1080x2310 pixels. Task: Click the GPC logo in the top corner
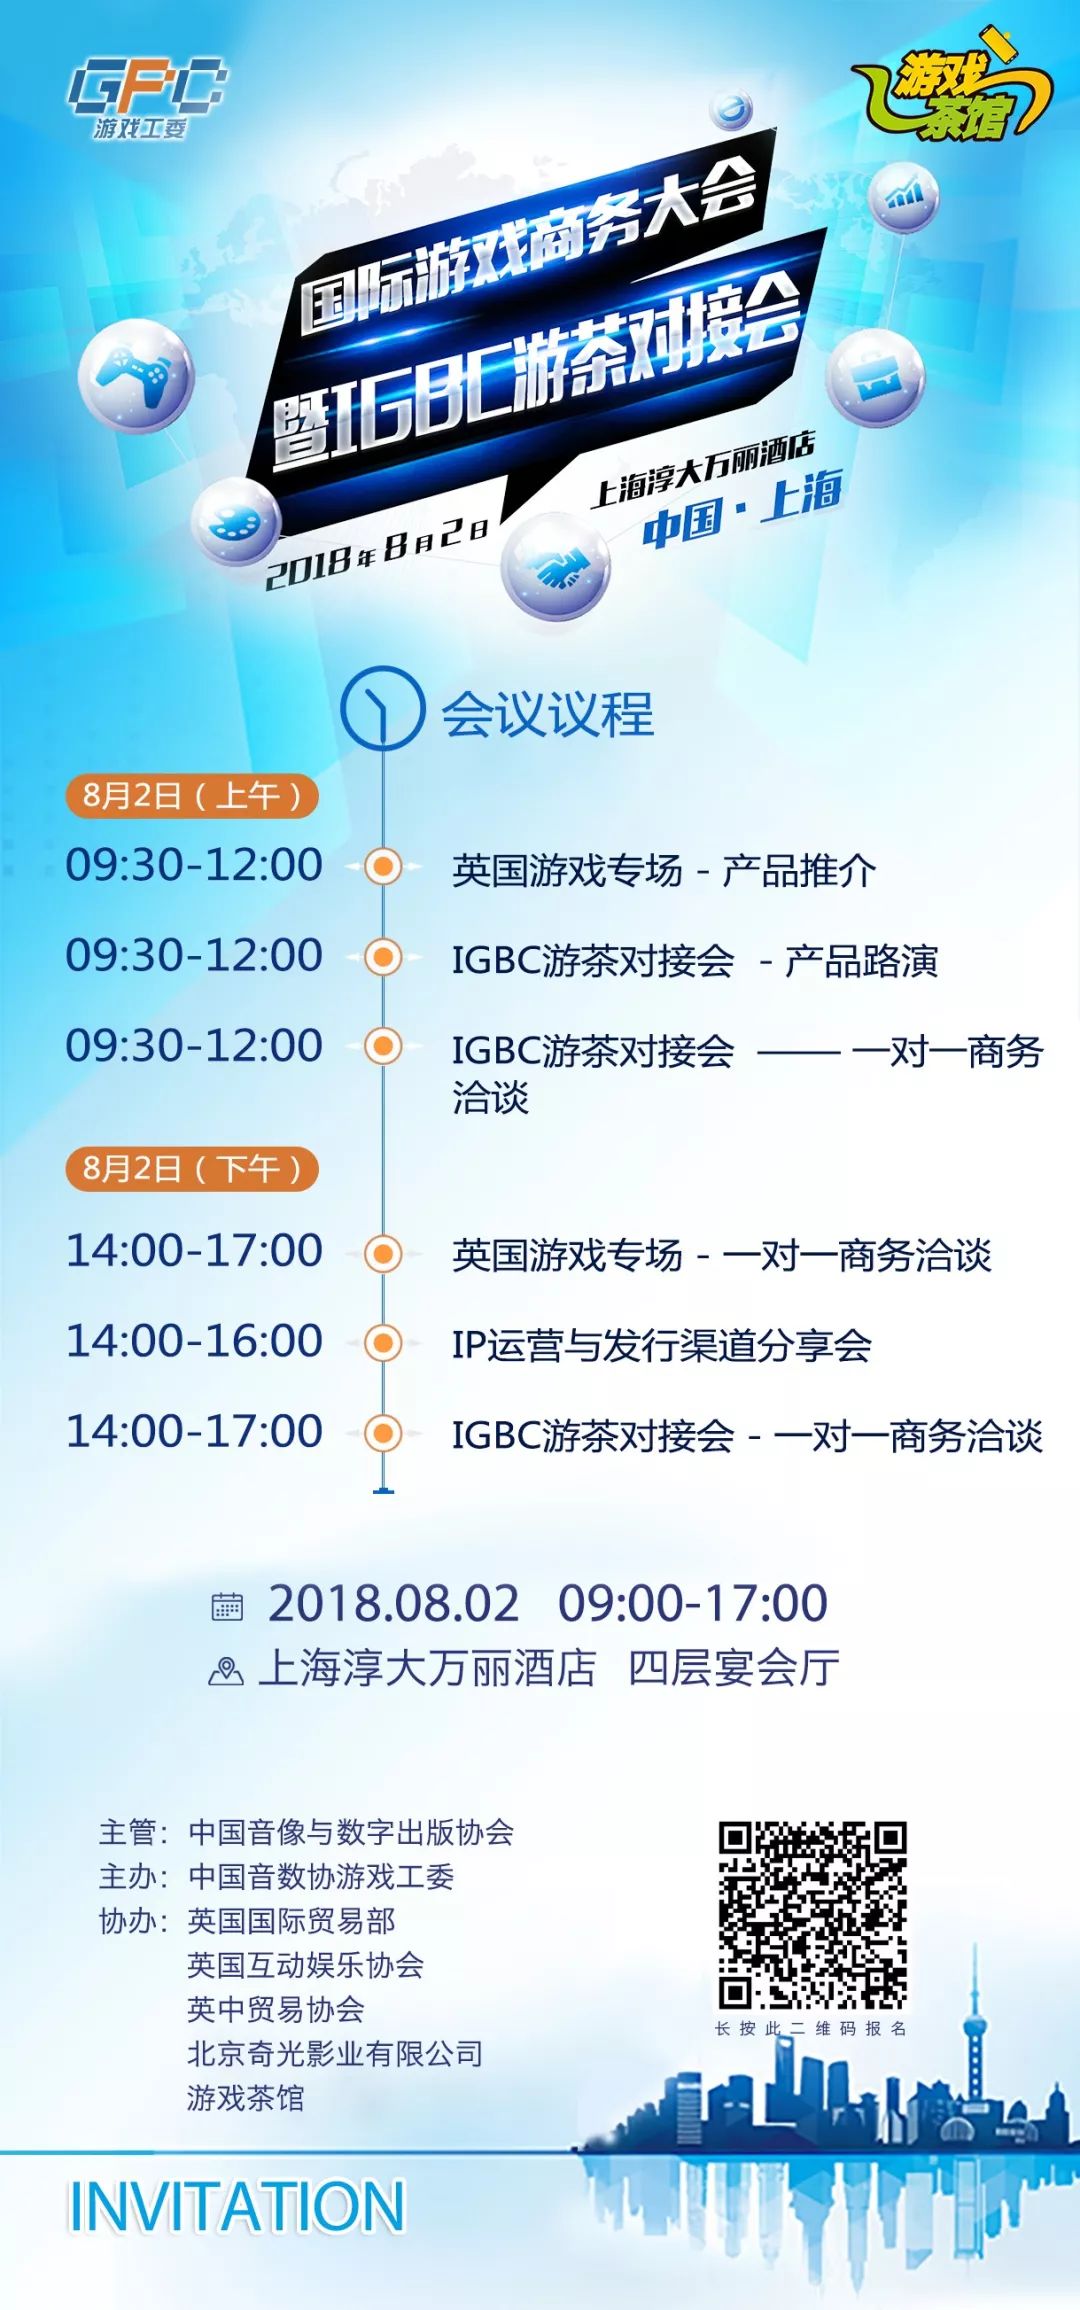(146, 98)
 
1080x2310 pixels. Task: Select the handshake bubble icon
(556, 567)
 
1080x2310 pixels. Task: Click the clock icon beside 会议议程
(382, 708)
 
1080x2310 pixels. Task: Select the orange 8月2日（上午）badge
(191, 796)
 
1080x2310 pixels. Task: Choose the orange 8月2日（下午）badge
(191, 1168)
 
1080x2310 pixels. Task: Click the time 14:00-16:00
(194, 1341)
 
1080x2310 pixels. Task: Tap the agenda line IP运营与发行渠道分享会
(661, 1345)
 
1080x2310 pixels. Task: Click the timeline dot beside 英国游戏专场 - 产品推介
(382, 866)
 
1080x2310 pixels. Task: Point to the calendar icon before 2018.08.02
(227, 1606)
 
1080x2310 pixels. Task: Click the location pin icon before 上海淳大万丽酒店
(226, 1670)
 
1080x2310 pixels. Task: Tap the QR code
(812, 1915)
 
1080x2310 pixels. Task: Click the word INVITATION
(236, 2205)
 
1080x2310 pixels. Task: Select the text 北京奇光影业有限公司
(335, 2053)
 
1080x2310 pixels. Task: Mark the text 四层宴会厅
(733, 1667)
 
